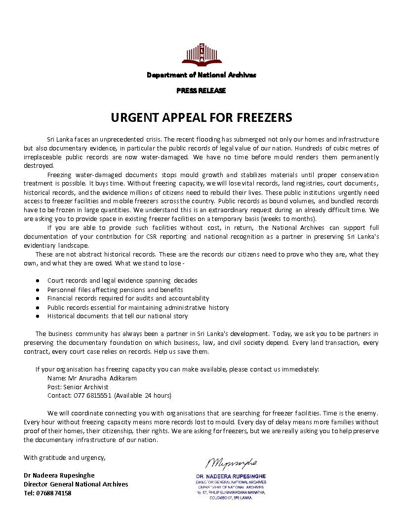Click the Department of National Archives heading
click(201, 75)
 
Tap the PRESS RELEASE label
click(201, 91)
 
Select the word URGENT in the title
click(132, 118)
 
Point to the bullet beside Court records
click(38, 281)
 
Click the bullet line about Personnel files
click(115, 290)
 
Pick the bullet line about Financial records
click(128, 298)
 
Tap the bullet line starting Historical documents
click(118, 316)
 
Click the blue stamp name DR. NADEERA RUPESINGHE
click(231, 476)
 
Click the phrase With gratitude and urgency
click(65, 457)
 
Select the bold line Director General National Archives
click(76, 484)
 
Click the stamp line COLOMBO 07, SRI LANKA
click(231, 498)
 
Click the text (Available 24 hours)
click(143, 396)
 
